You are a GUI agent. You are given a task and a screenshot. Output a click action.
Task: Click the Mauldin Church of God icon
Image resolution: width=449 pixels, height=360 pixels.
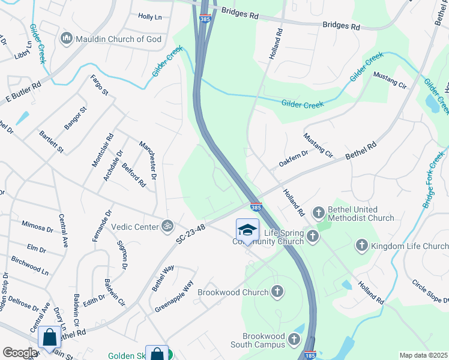67,40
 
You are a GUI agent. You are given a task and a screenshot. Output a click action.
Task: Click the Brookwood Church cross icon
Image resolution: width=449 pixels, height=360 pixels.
277,292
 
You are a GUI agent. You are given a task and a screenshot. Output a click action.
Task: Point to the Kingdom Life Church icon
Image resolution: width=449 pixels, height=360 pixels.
361,245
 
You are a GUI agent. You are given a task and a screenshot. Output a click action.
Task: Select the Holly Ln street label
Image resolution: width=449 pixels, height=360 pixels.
150,17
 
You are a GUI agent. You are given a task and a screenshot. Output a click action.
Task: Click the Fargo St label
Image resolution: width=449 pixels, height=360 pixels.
99,85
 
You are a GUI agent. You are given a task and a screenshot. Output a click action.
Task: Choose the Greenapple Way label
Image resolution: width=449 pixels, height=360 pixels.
174,294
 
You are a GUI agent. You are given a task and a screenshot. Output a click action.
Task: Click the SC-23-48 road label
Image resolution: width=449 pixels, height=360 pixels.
191,234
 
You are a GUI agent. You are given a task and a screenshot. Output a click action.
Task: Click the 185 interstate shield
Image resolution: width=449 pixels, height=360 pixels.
310,355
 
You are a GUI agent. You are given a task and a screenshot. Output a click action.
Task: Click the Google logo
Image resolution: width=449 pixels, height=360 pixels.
20,353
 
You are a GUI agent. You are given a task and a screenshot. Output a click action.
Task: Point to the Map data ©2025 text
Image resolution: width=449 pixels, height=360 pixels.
423,355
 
